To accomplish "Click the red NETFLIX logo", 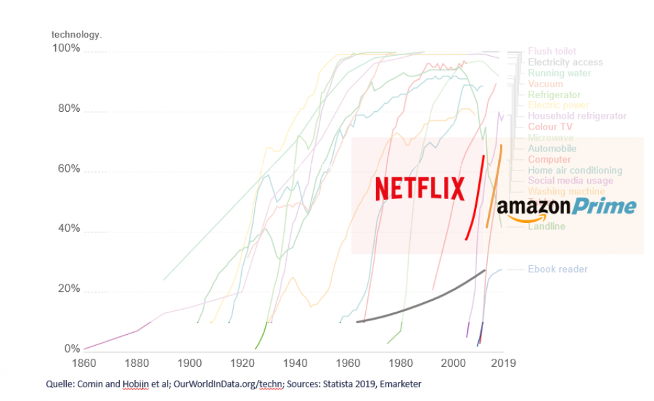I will [420, 188].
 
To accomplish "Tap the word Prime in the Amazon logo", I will [604, 206].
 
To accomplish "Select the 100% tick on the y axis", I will [66, 49].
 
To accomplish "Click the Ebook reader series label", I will [557, 269].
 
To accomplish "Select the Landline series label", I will [546, 226].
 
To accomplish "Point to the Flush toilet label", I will [552, 51].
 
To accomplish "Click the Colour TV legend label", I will [550, 127].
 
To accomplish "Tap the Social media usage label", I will [570, 181].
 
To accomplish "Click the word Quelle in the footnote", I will [60, 385].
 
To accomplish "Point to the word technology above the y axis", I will [76, 34].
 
